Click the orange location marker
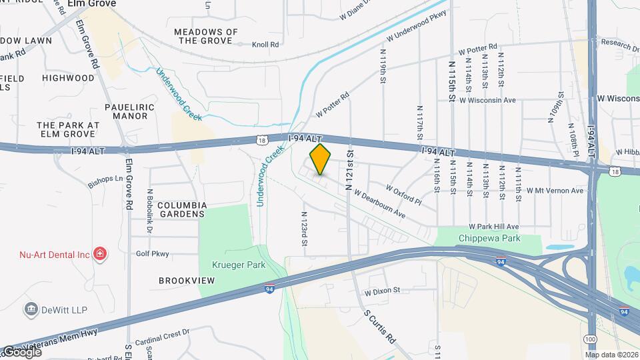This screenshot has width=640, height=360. pos(320,159)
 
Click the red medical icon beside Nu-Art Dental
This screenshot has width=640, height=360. pos(100,254)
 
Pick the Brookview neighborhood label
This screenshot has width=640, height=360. pos(187,281)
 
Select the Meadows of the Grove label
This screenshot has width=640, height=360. pos(205,36)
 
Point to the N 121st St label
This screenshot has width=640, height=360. pos(348,171)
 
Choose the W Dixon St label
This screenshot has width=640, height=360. pos(382,291)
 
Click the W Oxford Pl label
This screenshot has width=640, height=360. pos(404,195)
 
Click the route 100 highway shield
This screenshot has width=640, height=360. pos(589,339)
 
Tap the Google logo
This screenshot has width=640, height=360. pos(22,351)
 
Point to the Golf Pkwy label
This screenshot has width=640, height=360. pos(153,253)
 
